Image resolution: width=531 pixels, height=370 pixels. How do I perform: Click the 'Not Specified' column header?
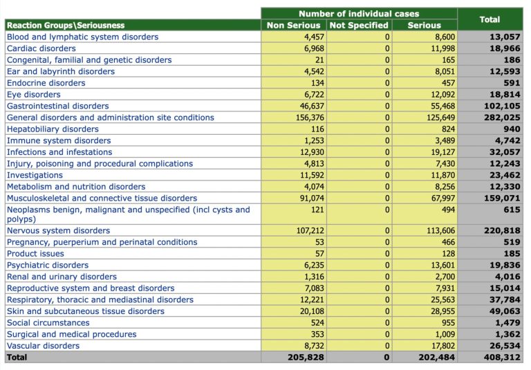(x=358, y=26)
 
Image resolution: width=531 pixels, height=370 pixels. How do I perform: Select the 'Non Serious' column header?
(x=293, y=26)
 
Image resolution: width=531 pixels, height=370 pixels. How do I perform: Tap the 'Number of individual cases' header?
(x=358, y=14)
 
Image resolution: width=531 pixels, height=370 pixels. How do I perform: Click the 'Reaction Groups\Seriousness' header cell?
(x=66, y=26)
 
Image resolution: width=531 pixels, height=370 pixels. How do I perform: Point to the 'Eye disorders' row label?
(x=33, y=95)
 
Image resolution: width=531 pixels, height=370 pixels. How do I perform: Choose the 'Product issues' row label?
(x=35, y=254)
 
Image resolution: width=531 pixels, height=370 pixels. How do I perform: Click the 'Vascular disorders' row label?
(x=43, y=346)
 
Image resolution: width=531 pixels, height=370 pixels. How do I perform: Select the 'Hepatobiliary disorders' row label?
(x=53, y=129)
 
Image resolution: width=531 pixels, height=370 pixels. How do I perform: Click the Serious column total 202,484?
(x=436, y=358)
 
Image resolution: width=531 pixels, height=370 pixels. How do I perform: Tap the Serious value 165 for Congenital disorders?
(x=446, y=60)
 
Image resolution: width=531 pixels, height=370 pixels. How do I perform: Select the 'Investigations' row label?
(x=35, y=176)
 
